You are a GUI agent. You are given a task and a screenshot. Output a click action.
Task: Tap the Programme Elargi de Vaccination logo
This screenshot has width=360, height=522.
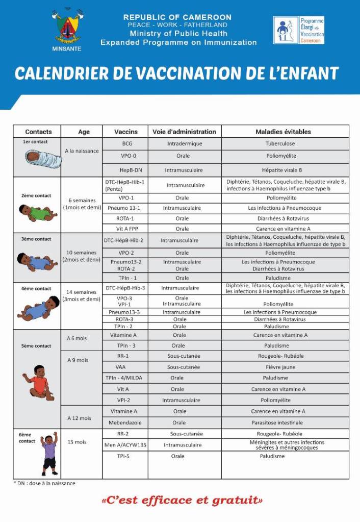(298, 30)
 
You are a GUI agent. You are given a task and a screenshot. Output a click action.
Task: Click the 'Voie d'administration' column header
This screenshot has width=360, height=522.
(184, 132)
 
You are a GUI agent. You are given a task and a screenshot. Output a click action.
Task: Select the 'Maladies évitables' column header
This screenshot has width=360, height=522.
(283, 132)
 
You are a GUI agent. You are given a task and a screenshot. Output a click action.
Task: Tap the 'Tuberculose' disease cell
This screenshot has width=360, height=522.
(280, 144)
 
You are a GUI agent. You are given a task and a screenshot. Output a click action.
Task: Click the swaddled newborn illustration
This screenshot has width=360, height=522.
(43, 159)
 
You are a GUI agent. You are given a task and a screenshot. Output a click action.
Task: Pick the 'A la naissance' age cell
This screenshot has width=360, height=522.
(82, 151)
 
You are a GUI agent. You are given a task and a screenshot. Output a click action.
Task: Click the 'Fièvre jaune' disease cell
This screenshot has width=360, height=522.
(280, 367)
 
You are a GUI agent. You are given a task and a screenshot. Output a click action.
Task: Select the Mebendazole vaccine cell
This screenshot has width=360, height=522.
(124, 422)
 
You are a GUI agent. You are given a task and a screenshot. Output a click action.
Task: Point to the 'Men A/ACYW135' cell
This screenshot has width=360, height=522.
(125, 445)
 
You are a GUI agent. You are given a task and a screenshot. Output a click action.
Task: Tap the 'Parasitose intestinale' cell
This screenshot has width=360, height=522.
(280, 422)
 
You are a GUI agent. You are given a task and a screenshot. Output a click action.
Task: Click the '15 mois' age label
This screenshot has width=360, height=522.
(77, 442)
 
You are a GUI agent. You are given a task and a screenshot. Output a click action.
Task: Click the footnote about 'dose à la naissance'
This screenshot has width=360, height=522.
(44, 483)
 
